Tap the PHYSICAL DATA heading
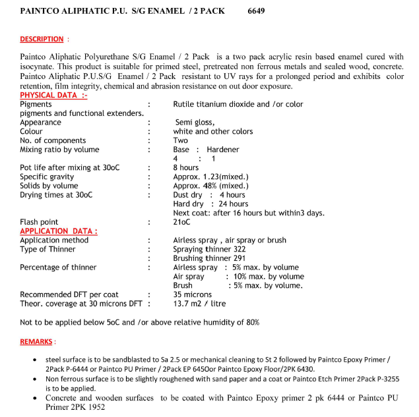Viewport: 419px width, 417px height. click(53, 96)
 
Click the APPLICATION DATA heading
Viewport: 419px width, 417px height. click(59, 231)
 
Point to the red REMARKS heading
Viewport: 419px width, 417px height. click(37, 342)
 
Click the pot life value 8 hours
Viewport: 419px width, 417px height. click(185, 168)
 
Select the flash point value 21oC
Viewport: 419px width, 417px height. click(181, 222)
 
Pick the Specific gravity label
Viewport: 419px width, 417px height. click(47, 177)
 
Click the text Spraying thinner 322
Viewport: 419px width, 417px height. click(209, 250)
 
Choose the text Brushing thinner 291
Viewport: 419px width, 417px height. click(209, 258)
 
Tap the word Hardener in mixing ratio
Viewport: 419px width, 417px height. click(222, 150)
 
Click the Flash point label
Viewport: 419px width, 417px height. click(39, 222)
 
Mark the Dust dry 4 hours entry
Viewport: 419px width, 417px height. click(209, 195)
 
